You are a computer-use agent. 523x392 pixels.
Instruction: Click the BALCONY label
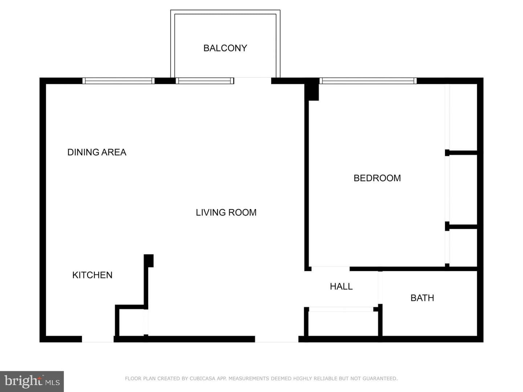[225, 48]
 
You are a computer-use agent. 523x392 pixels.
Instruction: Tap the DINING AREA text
[97, 152]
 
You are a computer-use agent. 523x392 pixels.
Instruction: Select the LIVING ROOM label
[226, 213]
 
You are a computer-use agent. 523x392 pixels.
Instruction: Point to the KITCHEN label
[92, 275]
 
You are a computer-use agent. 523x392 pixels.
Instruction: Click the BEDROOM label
[377, 178]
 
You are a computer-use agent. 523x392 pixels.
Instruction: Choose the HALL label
[341, 287]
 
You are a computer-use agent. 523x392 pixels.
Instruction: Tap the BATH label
[422, 298]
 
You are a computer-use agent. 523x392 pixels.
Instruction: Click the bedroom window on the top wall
[368, 81]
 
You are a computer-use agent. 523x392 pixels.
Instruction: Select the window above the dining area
[118, 81]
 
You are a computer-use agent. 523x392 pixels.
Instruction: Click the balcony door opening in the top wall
[252, 81]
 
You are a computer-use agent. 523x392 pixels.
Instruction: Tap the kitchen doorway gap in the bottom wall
[98, 339]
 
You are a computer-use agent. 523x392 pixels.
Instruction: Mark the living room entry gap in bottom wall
[277, 339]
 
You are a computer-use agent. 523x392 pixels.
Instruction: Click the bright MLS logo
[32, 381]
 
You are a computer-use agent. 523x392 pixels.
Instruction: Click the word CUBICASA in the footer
[202, 379]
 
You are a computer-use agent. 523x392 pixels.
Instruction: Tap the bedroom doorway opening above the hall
[331, 269]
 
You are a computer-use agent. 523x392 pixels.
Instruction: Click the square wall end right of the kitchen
[149, 261]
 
